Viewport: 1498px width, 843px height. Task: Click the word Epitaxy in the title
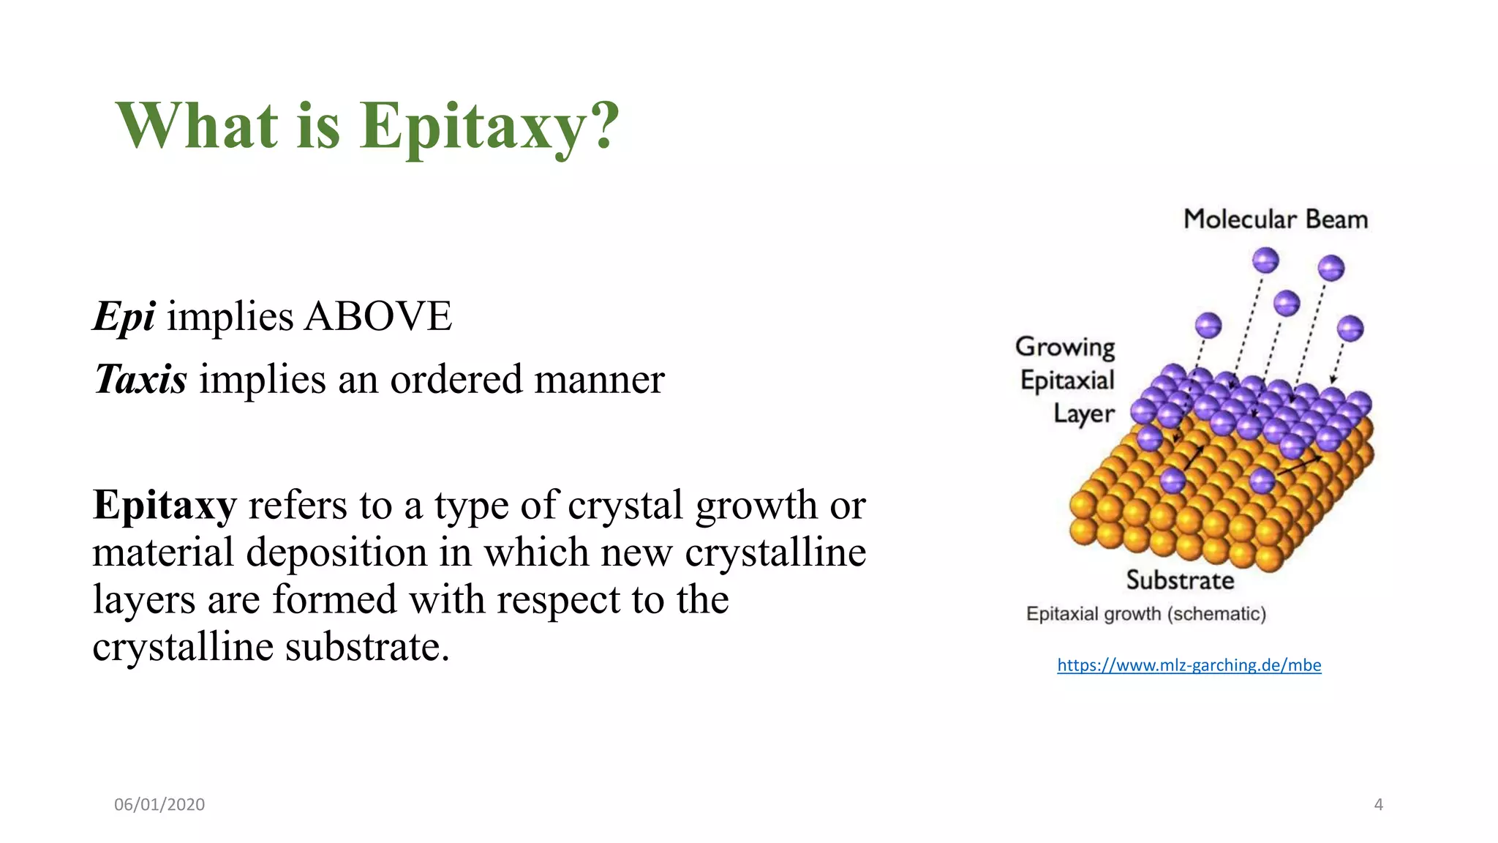point(473,126)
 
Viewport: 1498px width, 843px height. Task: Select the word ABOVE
point(378,317)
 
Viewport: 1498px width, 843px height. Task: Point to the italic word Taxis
point(140,380)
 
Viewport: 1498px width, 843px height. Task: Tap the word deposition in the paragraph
point(336,552)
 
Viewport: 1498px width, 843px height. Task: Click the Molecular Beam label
point(1276,219)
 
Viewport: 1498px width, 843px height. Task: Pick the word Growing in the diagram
point(1065,347)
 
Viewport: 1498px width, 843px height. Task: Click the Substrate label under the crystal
point(1180,580)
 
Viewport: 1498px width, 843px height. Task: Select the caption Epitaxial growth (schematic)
point(1145,613)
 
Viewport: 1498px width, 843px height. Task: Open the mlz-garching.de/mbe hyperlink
point(1189,665)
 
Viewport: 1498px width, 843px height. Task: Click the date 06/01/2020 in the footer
point(159,804)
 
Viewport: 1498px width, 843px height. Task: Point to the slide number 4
point(1378,804)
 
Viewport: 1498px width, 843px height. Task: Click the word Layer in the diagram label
point(1083,414)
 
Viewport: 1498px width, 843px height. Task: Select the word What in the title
point(196,126)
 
